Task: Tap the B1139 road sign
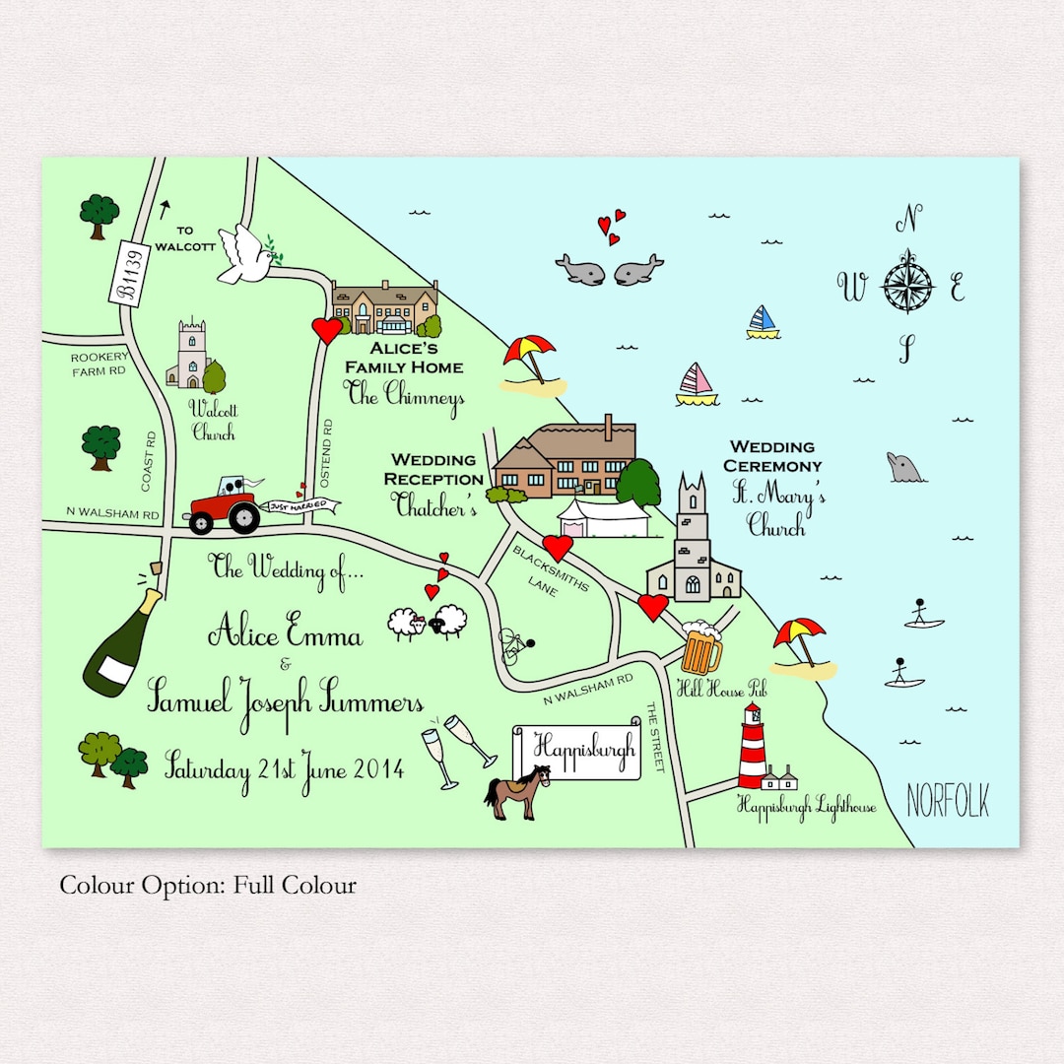(127, 271)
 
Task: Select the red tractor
(224, 506)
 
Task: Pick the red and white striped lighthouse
(753, 747)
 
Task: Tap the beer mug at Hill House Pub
(700, 647)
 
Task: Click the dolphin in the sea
(905, 468)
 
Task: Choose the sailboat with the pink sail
(697, 384)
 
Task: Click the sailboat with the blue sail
(763, 322)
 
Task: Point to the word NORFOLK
(948, 801)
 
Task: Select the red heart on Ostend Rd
(326, 329)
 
